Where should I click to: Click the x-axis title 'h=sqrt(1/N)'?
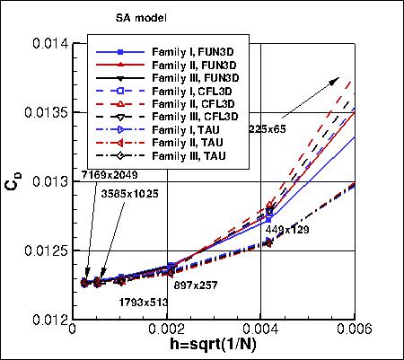(x=215, y=348)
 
